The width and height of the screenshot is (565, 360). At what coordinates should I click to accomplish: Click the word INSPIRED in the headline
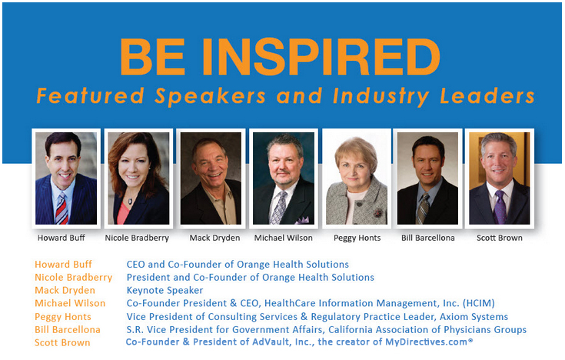[321, 57]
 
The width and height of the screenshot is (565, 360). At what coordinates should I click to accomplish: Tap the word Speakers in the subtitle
[210, 96]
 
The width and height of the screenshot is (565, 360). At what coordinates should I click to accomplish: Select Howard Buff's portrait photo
[66, 178]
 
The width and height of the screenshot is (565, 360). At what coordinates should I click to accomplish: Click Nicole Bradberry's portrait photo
[138, 178]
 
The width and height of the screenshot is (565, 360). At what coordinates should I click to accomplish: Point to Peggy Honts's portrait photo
[357, 178]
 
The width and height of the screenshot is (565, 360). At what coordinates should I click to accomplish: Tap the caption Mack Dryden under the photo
[214, 238]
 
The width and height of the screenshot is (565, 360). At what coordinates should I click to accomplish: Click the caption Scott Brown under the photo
[500, 238]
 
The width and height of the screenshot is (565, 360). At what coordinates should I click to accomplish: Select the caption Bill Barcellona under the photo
[428, 238]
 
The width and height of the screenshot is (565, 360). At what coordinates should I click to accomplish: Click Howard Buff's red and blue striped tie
[62, 208]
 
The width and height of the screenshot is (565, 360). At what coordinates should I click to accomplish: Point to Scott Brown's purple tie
[500, 207]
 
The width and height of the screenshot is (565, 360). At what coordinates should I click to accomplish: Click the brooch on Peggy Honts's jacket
[377, 213]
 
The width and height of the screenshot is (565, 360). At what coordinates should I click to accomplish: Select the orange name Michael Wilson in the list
[70, 303]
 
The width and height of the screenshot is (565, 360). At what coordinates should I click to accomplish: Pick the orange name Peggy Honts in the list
[63, 317]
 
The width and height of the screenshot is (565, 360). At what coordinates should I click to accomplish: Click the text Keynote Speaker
[165, 290]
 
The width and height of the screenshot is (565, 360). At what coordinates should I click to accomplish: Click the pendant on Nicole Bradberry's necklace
[130, 202]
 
